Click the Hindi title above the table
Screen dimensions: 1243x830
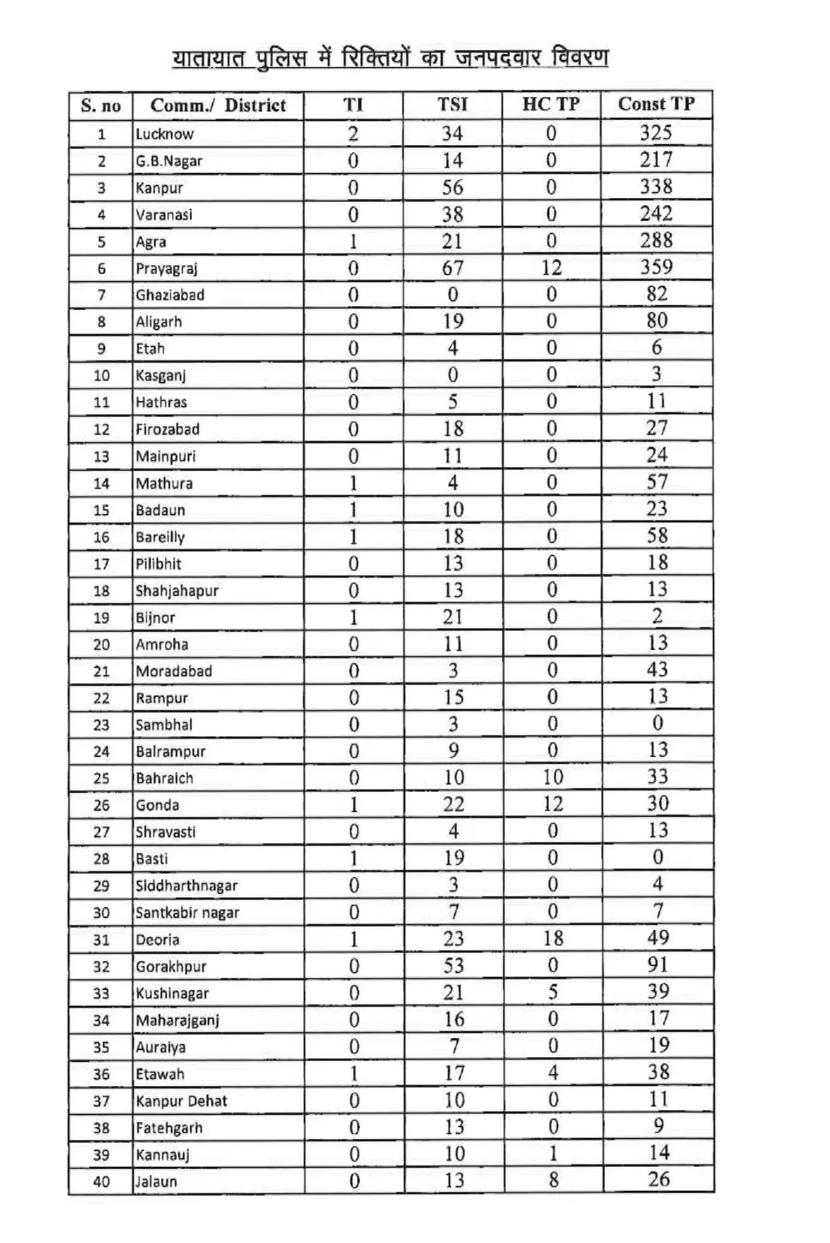[x=391, y=58]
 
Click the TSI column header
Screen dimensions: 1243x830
[x=452, y=105]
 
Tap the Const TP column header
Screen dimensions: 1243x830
[x=656, y=104]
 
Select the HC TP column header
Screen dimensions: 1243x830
[x=551, y=105]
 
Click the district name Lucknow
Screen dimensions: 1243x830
[x=164, y=135]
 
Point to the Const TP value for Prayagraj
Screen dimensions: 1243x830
[x=656, y=267]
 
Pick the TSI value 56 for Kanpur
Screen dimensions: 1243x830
[x=452, y=187]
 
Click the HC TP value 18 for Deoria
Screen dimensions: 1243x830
[x=552, y=938]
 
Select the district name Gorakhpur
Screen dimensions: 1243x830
[x=170, y=967]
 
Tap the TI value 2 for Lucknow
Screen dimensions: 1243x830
[x=353, y=134]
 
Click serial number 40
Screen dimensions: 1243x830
[x=101, y=1181]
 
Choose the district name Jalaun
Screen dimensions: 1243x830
[x=156, y=1181]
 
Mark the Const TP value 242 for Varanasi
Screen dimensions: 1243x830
[x=656, y=214]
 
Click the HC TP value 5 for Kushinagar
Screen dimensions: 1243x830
[x=552, y=992]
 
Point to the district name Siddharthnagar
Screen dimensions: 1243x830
[x=186, y=886]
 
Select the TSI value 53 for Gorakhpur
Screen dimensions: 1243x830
[x=453, y=966]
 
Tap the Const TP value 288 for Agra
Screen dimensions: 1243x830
[x=656, y=240]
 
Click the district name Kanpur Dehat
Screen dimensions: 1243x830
[x=181, y=1101]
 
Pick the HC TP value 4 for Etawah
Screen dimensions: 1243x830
[x=552, y=1073]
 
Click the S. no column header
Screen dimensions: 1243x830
[x=101, y=106]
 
